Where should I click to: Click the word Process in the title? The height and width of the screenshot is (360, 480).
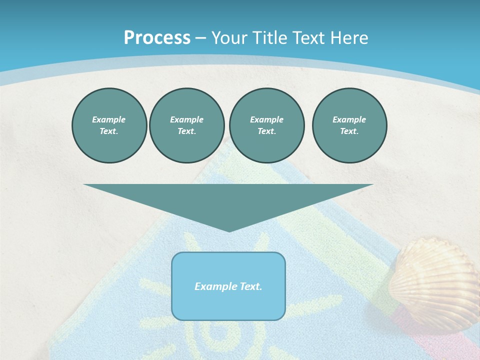(157, 38)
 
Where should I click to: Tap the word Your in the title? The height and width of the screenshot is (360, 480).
(227, 38)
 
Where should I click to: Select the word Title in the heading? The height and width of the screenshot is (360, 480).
(268, 38)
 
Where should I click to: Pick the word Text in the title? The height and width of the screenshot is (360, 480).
(308, 38)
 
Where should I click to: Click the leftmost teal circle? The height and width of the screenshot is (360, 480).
(109, 125)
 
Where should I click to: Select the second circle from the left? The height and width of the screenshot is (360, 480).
(186, 125)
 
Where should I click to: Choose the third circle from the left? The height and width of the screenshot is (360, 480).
(266, 125)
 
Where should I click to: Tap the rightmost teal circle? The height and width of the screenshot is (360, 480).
(349, 125)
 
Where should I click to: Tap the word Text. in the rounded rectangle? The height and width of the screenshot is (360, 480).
(250, 286)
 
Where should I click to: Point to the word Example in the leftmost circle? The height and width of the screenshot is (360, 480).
(109, 119)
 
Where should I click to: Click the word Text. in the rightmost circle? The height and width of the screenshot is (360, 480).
(349, 131)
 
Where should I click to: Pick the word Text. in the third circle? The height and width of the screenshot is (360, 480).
(266, 131)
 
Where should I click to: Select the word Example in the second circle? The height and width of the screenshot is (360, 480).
(186, 119)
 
